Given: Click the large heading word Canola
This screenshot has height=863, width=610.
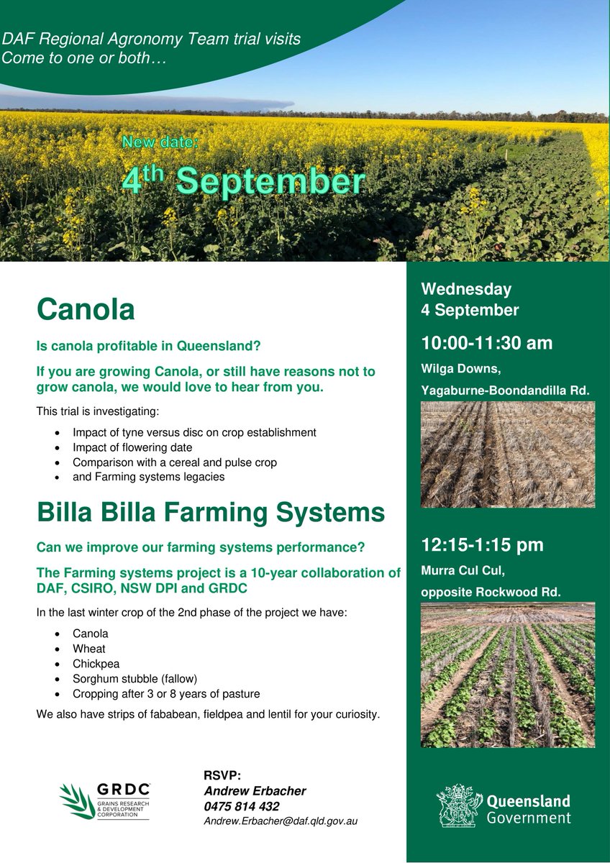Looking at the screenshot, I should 86,309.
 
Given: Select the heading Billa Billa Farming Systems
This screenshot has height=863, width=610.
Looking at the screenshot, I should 211,513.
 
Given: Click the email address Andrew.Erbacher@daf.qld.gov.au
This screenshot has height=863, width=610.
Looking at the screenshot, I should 281,821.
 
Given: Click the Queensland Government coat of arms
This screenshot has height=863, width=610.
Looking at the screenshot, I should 458,804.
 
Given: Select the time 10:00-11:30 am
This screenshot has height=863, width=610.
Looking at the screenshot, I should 487,343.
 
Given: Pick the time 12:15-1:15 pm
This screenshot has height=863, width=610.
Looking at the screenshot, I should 482,545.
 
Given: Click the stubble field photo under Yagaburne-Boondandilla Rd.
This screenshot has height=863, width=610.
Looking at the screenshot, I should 508,455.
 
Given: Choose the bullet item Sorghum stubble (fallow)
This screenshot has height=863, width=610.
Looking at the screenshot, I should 135,679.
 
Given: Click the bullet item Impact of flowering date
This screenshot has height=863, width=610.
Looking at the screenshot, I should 142,447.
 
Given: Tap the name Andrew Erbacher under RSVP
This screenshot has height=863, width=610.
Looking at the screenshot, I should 255,791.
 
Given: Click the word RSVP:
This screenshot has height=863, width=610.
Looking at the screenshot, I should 222,775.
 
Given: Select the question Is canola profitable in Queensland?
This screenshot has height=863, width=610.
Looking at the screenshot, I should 148,346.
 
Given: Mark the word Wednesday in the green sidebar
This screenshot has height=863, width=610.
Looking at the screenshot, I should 466,289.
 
